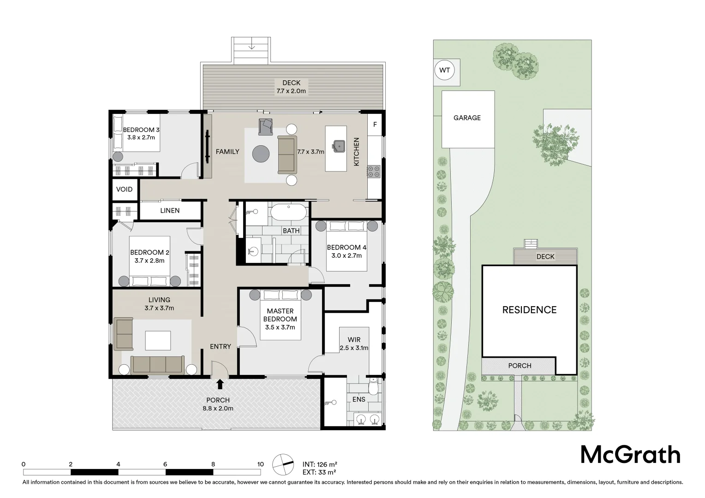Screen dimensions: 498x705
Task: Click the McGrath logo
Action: click(x=630, y=455)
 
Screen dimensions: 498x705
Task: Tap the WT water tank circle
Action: click(x=444, y=71)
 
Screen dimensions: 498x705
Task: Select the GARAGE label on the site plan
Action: click(x=467, y=118)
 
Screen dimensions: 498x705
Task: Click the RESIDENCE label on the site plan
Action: click(x=529, y=310)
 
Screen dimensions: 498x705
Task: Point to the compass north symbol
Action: click(x=283, y=464)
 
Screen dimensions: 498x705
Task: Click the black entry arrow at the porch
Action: click(x=220, y=384)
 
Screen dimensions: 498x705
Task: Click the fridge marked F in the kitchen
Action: click(x=375, y=125)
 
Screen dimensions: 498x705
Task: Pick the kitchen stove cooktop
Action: click(x=374, y=172)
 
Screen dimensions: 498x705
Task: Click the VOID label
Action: click(x=124, y=189)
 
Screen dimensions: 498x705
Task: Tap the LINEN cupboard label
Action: click(x=170, y=211)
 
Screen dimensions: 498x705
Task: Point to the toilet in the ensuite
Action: click(x=374, y=387)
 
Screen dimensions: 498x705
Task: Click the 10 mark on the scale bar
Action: click(x=260, y=464)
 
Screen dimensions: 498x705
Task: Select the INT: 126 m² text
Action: click(x=320, y=464)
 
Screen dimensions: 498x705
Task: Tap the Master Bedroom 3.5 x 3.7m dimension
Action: click(x=280, y=327)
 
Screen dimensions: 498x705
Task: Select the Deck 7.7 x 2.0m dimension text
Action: click(x=292, y=91)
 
